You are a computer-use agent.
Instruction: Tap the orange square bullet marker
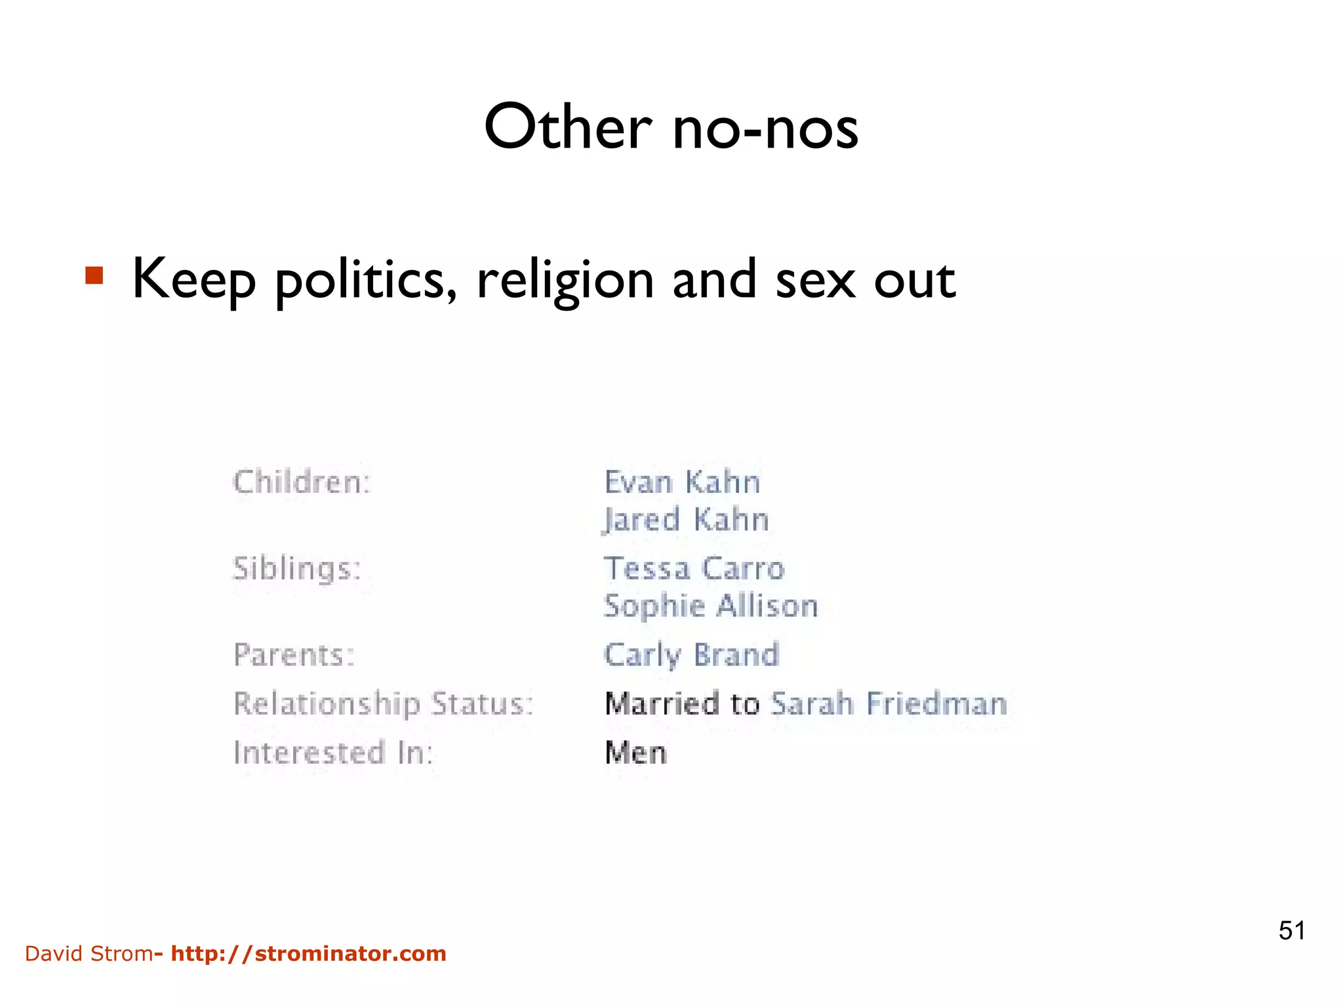point(94,275)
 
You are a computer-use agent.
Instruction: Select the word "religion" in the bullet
point(565,281)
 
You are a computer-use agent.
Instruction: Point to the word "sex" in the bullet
point(815,281)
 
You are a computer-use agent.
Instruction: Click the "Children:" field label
point(302,483)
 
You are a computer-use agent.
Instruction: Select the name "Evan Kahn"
point(682,483)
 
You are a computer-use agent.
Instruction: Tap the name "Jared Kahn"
point(686,520)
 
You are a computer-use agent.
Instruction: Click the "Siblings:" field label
point(297,568)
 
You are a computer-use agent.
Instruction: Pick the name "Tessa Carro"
point(694,568)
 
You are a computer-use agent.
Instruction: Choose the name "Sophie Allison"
point(711,606)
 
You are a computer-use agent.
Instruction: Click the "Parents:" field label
point(294,655)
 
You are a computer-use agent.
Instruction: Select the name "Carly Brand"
point(691,655)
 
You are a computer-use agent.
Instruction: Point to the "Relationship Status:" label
point(384,704)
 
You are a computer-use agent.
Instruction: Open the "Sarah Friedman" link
point(889,704)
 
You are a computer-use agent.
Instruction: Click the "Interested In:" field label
point(333,753)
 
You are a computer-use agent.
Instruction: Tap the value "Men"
point(635,753)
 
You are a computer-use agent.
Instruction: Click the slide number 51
point(1291,930)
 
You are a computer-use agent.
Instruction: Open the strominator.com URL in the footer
point(308,953)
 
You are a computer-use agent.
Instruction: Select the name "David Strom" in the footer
point(89,953)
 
